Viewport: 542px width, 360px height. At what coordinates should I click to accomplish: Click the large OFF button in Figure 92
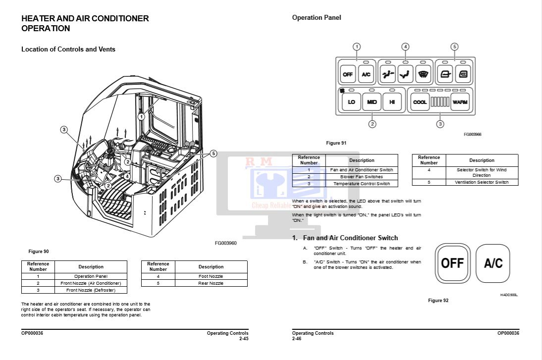(452, 263)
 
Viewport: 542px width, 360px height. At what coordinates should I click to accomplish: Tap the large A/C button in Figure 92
(493, 263)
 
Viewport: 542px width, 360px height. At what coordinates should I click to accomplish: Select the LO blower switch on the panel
(351, 102)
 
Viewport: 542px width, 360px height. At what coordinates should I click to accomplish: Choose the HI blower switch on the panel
(392, 102)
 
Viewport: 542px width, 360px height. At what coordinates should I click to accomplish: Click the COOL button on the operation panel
(420, 102)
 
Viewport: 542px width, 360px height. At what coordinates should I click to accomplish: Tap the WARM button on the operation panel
(460, 102)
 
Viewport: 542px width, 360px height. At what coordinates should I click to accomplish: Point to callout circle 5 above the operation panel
(454, 47)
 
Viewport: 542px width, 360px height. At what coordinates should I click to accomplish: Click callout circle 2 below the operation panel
(373, 124)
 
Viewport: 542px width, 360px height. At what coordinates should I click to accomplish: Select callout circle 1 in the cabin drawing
(141, 117)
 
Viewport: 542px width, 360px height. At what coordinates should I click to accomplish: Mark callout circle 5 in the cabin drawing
(214, 154)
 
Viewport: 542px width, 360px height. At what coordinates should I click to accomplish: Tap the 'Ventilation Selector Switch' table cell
(482, 182)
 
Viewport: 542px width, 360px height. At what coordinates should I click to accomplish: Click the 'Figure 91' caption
(336, 143)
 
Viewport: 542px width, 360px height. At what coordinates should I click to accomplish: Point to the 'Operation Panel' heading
(317, 18)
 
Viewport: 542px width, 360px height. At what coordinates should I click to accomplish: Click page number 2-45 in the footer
(243, 339)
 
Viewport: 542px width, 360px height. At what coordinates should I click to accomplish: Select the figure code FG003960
(225, 243)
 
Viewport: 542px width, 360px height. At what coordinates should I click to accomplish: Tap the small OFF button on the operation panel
(348, 75)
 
